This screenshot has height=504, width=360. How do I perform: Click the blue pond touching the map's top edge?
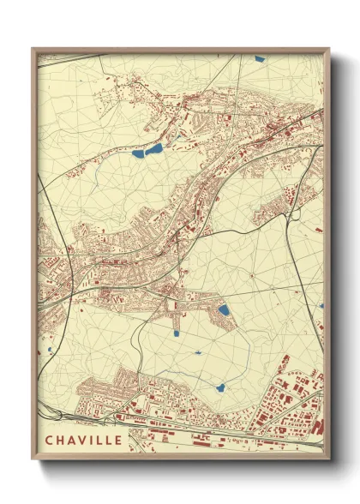[x=260, y=59]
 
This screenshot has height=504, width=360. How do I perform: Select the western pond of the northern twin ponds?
[x=139, y=155]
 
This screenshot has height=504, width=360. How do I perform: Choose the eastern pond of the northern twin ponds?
[x=155, y=149]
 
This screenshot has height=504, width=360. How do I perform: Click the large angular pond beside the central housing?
[x=223, y=310]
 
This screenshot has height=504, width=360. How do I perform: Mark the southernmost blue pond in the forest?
[x=220, y=387]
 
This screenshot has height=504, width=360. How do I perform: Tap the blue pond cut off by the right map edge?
[x=321, y=306]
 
